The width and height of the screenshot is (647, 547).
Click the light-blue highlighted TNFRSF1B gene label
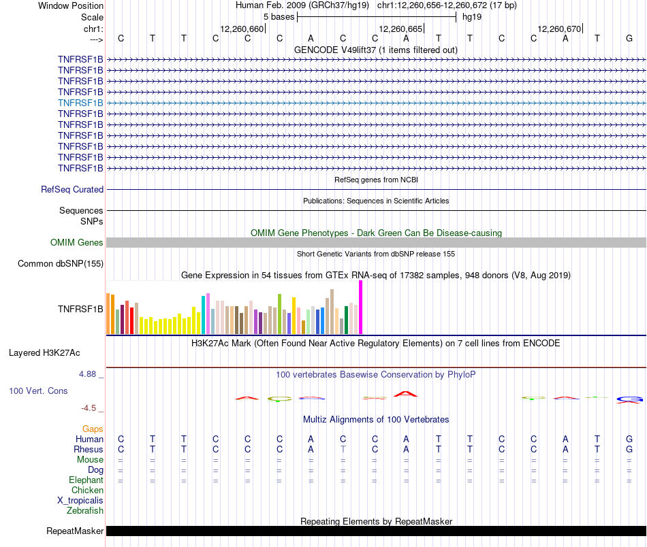[x=80, y=103]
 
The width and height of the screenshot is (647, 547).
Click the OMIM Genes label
[x=77, y=243]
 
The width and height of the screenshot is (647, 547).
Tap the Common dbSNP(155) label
[x=61, y=264]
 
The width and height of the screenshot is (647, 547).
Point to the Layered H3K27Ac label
[x=44, y=353]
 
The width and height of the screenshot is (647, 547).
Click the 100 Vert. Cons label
[x=38, y=391]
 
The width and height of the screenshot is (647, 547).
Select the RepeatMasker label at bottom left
[x=75, y=531]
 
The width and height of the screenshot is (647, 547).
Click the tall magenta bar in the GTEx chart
[x=360, y=307]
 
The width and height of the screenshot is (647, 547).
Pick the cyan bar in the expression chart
[x=204, y=314]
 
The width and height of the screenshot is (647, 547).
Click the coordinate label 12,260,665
[x=401, y=29]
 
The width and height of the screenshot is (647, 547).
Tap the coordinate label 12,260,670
[x=559, y=29]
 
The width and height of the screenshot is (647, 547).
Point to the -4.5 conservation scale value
[x=91, y=408]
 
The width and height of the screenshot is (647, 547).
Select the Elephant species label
[x=86, y=480]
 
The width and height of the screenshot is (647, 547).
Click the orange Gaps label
[x=93, y=429]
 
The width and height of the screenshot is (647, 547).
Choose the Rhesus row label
[x=88, y=450]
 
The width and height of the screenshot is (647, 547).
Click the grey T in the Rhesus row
[x=343, y=450]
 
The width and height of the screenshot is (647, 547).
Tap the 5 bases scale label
[x=279, y=16]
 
